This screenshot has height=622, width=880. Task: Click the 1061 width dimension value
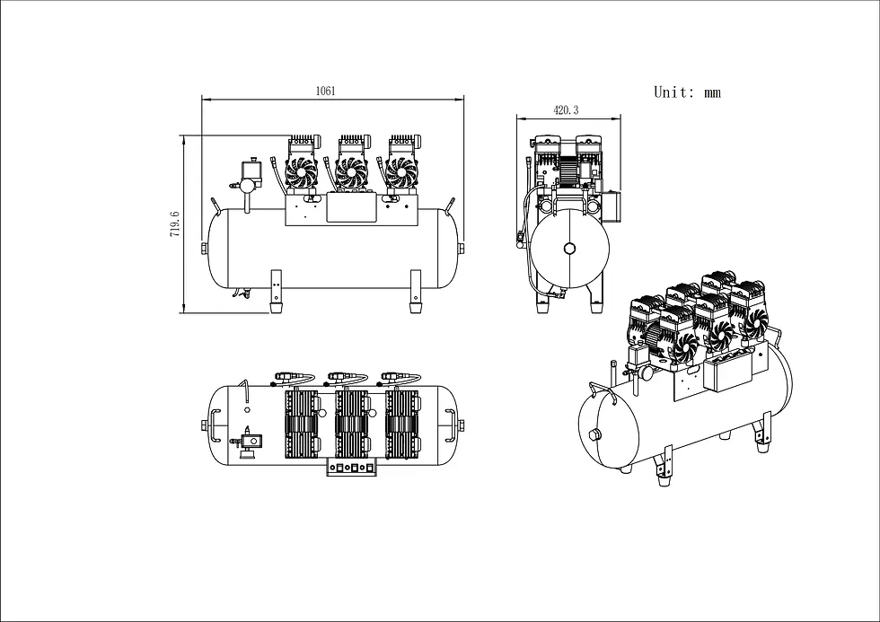point(325,91)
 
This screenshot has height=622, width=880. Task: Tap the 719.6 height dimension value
point(174,223)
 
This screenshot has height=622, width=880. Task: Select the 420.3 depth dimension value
point(566,110)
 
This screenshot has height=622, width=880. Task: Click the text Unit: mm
point(687,92)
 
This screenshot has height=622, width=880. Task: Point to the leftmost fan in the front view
point(302,171)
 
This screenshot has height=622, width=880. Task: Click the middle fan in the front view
point(351,171)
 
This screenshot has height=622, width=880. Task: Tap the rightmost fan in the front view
point(401,171)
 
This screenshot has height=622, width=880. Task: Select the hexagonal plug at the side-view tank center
point(569,249)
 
